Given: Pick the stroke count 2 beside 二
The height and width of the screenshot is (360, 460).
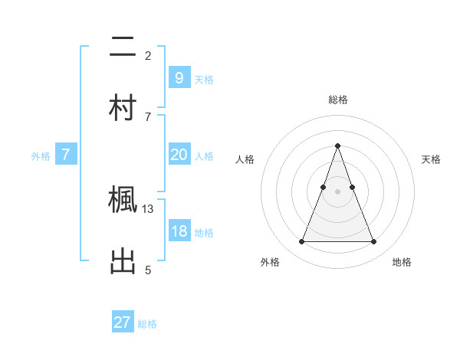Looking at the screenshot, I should point(148,56).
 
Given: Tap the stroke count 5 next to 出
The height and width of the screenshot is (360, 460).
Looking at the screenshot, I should point(148,270).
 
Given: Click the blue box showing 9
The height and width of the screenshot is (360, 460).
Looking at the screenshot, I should point(179,77).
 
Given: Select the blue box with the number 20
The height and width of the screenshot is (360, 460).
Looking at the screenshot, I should point(179,155).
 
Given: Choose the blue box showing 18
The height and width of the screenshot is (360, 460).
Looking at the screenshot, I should point(179,231).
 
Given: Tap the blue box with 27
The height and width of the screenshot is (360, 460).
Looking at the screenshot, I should point(123,322).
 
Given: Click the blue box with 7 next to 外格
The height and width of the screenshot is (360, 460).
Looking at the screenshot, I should point(66,155).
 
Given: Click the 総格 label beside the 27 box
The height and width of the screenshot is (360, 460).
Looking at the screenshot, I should point(147,324).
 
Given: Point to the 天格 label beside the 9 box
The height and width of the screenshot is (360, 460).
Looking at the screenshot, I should point(204,79).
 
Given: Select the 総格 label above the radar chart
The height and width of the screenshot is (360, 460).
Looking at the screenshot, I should point(337,100).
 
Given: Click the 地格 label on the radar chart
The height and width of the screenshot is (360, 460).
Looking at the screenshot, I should point(402,262).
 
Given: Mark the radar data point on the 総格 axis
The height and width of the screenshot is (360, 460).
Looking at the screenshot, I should point(337,146).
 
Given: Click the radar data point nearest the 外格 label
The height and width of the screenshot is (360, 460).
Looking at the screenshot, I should point(301,242).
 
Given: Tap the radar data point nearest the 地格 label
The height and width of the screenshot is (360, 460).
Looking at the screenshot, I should point(373,242).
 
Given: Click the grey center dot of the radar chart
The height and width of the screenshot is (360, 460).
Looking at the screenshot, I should point(337,191).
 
